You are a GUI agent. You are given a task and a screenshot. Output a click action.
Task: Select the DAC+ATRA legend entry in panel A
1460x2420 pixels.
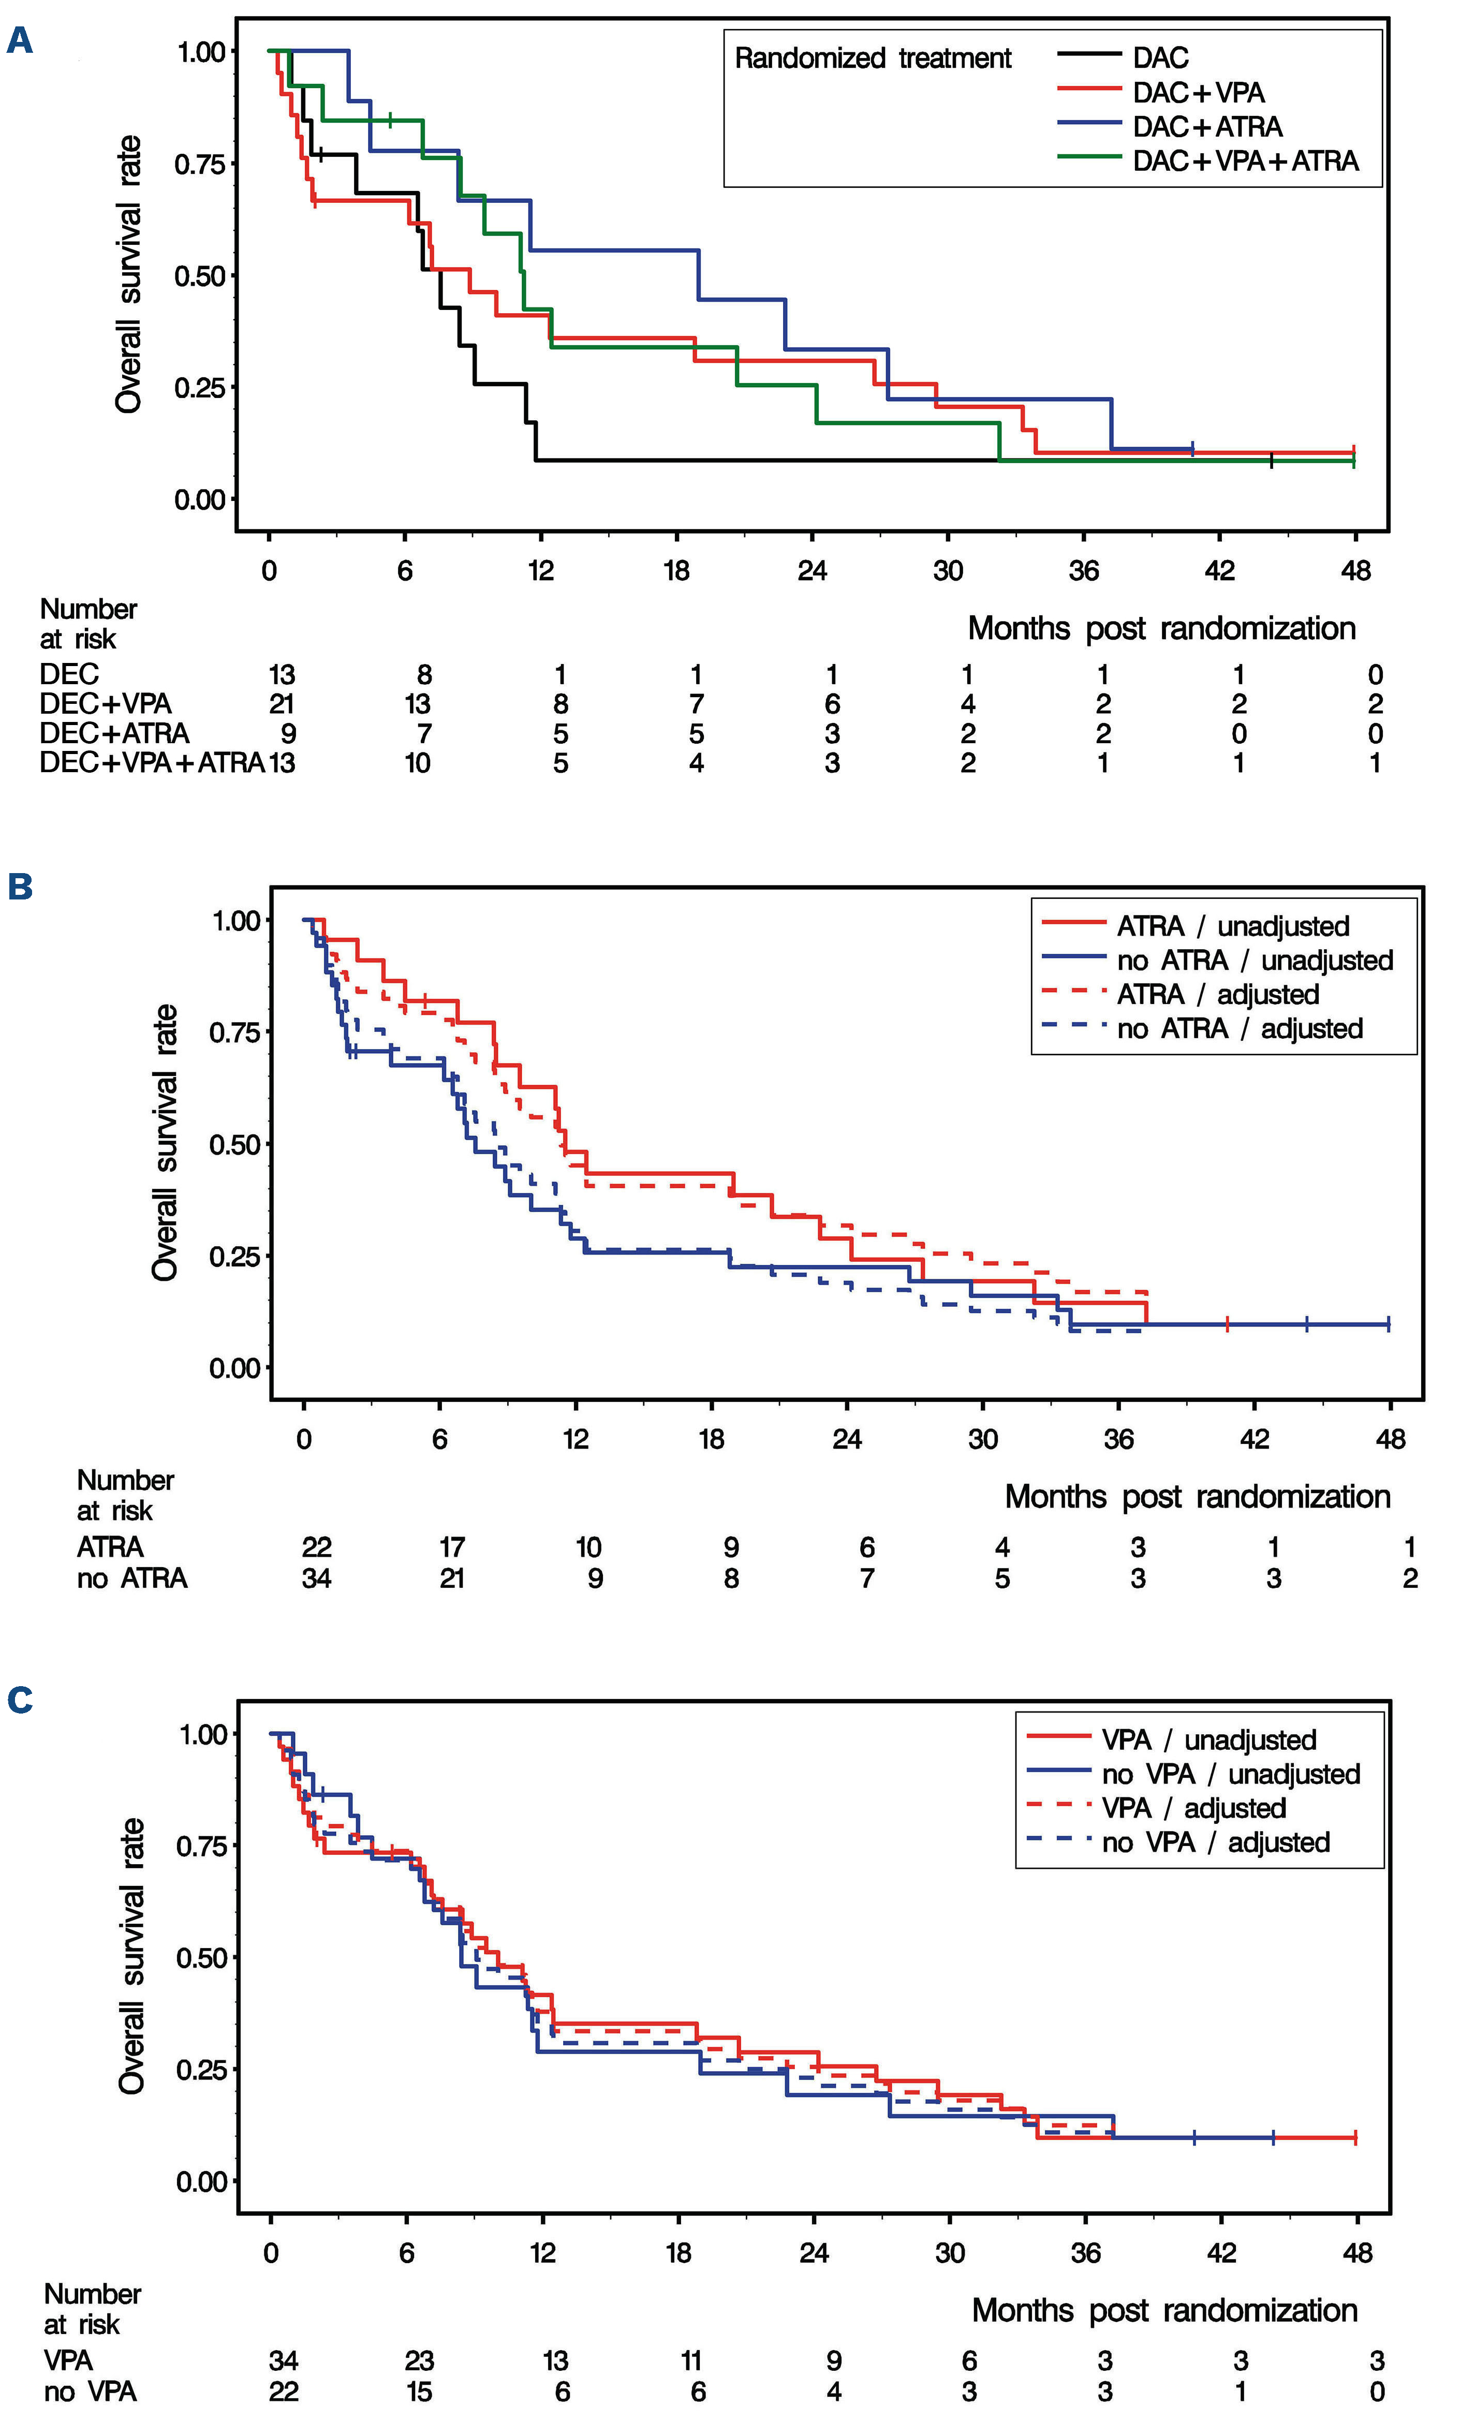click(x=1207, y=127)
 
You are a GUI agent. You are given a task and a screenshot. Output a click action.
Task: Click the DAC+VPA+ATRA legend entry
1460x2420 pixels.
click(x=1245, y=161)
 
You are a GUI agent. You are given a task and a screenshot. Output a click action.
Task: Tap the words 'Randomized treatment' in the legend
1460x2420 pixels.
click(x=873, y=59)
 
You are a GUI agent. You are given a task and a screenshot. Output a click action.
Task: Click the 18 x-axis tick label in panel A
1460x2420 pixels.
click(x=676, y=571)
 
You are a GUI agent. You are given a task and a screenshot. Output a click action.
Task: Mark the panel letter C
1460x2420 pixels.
click(x=20, y=1700)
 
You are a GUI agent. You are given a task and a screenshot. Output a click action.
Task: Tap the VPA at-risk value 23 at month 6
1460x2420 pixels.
click(x=419, y=2360)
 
